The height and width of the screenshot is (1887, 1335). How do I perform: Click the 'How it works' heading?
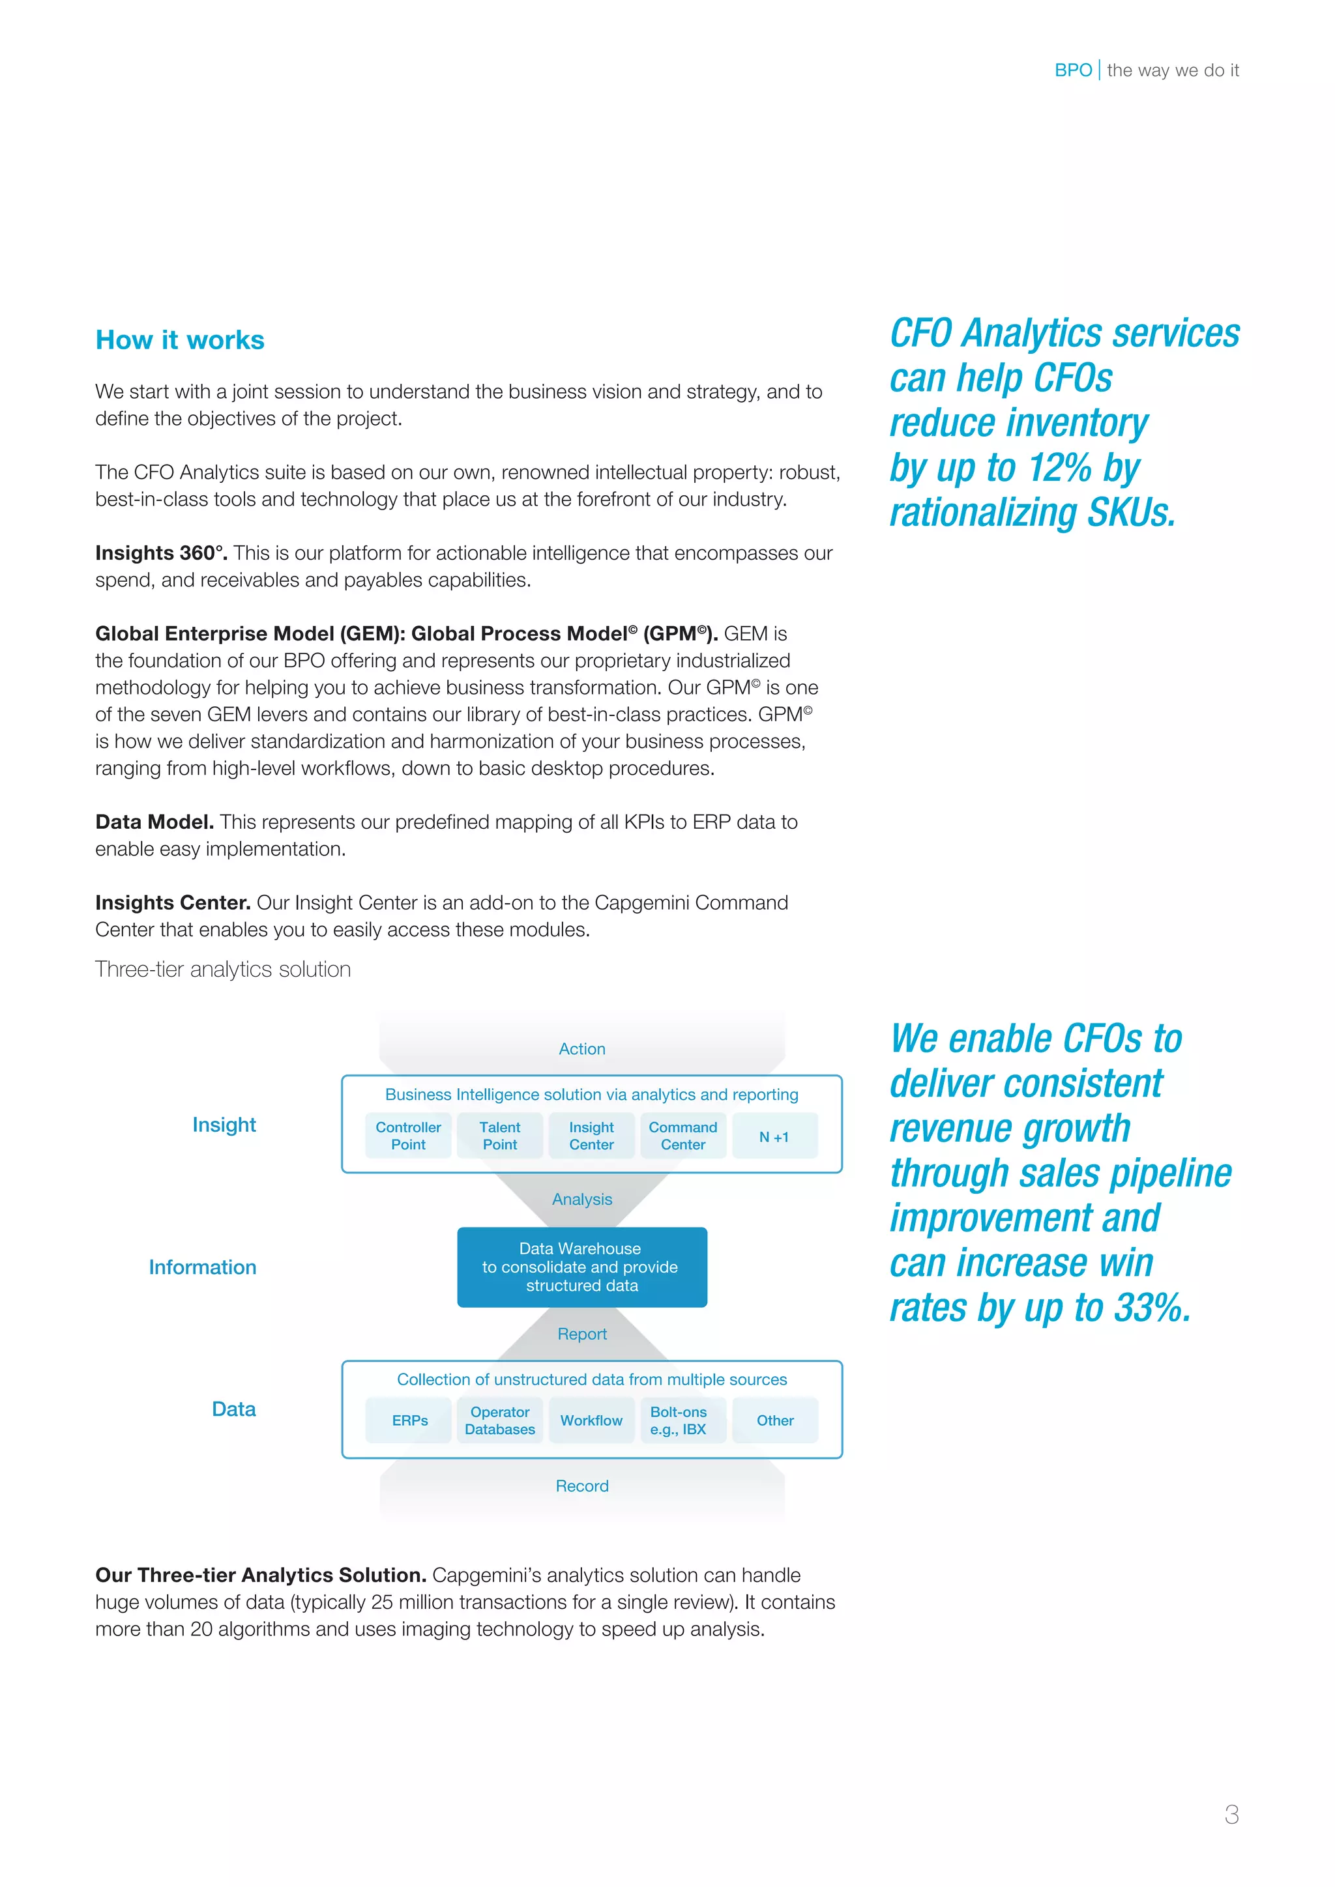[179, 339]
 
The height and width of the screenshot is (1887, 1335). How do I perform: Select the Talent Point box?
[500, 1135]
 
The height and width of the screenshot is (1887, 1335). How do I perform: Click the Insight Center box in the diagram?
[591, 1135]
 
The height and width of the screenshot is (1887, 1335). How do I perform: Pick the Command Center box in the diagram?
[682, 1135]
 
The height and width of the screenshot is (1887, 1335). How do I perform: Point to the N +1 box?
[774, 1136]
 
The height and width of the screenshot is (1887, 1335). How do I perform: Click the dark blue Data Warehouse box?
[581, 1267]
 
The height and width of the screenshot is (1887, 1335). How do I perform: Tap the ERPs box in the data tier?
[409, 1420]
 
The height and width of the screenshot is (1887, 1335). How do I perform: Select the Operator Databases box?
[500, 1420]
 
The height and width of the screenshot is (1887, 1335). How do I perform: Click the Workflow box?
[591, 1420]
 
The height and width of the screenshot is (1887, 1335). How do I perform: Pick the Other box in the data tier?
[774, 1420]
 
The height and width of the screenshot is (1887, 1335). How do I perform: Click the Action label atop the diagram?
[581, 1048]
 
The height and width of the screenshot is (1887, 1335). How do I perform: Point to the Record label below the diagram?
[581, 1486]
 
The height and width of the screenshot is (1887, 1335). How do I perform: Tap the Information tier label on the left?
[202, 1267]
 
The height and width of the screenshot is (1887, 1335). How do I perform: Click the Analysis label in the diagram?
[581, 1199]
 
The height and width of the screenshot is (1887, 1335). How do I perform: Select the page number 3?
[1231, 1814]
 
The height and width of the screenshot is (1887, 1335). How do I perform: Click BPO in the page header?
[1073, 70]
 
